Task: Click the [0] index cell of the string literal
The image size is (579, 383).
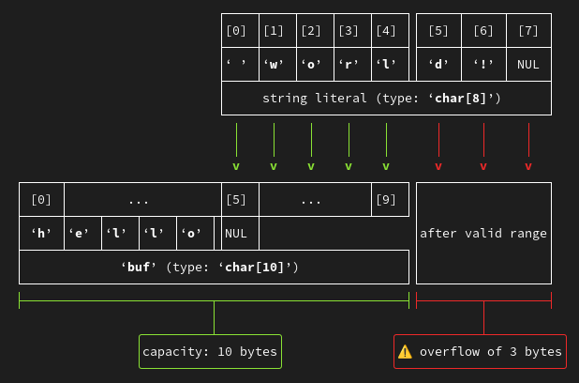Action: click(x=236, y=31)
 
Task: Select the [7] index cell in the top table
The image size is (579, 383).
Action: click(x=528, y=31)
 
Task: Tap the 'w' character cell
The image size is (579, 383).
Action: click(x=274, y=65)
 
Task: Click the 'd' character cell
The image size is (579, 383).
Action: click(x=438, y=65)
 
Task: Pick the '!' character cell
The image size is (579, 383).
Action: click(x=483, y=65)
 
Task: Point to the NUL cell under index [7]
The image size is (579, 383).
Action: click(x=528, y=65)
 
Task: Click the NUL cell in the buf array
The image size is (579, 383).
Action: click(x=236, y=233)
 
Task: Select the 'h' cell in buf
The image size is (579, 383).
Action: click(x=41, y=233)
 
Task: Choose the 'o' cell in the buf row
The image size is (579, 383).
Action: click(x=191, y=233)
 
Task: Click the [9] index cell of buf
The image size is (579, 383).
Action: click(x=386, y=199)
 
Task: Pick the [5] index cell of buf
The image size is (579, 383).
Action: click(x=236, y=199)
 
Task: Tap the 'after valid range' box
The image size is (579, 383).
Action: click(x=483, y=233)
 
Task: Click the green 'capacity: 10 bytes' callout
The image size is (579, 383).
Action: click(x=210, y=351)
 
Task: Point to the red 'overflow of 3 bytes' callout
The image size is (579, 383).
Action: click(x=480, y=351)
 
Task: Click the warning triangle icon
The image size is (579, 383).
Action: click(x=405, y=351)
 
